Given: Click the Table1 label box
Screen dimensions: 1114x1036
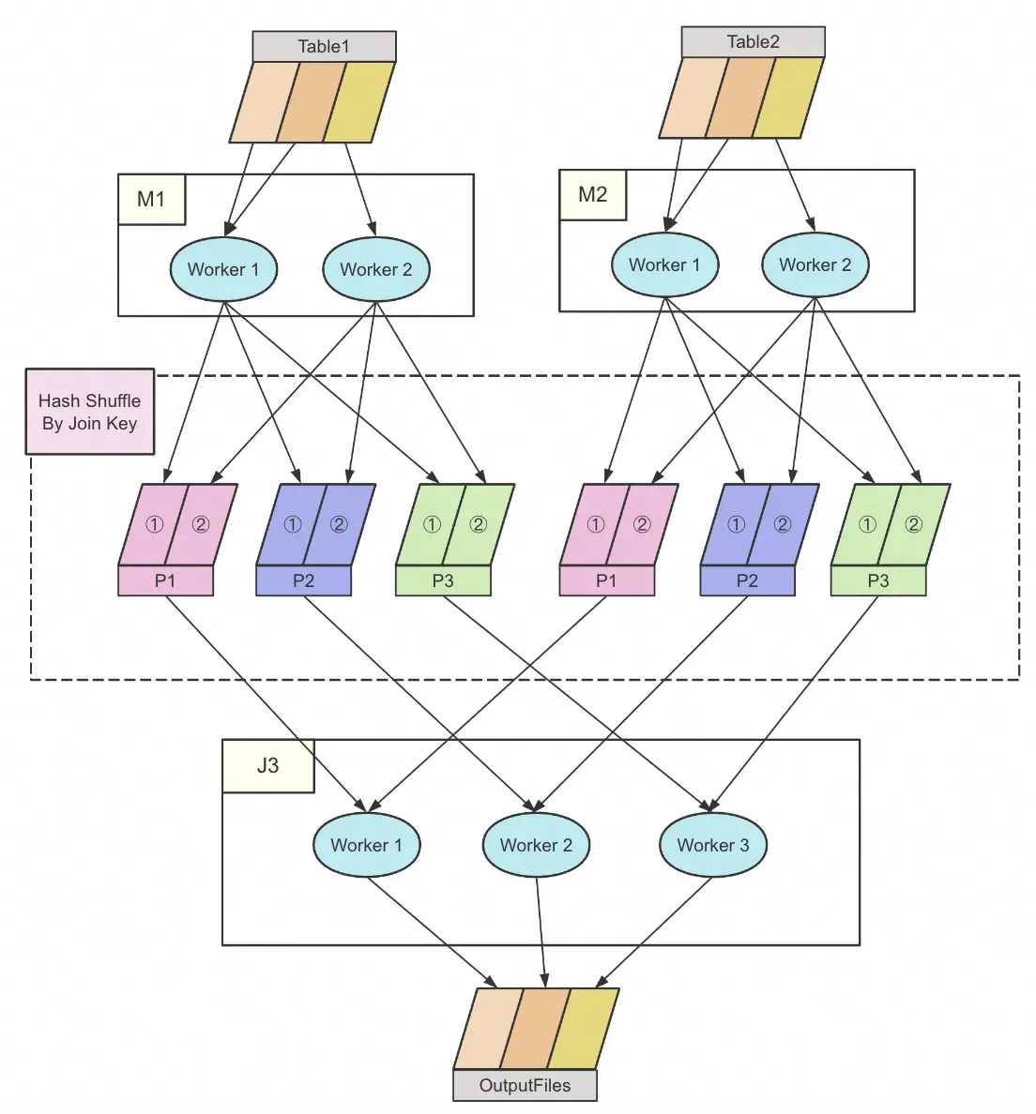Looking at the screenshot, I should (x=324, y=47).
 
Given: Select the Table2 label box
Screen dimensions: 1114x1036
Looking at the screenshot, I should (x=753, y=42).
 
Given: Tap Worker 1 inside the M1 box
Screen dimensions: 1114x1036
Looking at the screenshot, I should (x=223, y=270).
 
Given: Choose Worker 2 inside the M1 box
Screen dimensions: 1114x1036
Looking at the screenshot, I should (x=375, y=270).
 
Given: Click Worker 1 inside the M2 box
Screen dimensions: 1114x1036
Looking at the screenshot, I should (x=664, y=265).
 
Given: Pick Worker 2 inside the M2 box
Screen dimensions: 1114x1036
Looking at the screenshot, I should (x=815, y=265).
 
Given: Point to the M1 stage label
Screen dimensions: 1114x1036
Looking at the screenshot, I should (x=151, y=199).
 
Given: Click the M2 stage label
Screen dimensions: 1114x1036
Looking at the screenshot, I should (x=592, y=194).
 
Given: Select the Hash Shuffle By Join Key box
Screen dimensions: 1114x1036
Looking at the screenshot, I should (x=89, y=412).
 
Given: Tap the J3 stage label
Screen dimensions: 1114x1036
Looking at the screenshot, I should (x=267, y=765).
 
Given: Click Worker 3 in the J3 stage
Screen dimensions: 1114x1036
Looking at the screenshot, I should (x=713, y=846).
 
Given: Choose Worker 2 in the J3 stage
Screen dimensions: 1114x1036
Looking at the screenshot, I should (x=536, y=846).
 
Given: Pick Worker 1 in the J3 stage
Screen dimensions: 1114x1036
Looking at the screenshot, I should (x=366, y=846).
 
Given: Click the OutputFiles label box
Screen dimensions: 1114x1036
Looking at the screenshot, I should (x=525, y=1086).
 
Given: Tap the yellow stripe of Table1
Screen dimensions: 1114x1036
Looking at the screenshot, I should (x=359, y=102).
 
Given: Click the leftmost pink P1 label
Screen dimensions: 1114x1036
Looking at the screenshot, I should (x=165, y=581).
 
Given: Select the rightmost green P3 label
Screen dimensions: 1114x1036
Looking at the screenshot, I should (x=877, y=581).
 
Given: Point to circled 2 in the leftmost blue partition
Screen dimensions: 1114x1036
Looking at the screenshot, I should (x=339, y=525).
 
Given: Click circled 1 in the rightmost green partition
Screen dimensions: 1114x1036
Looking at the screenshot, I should (x=867, y=525).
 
